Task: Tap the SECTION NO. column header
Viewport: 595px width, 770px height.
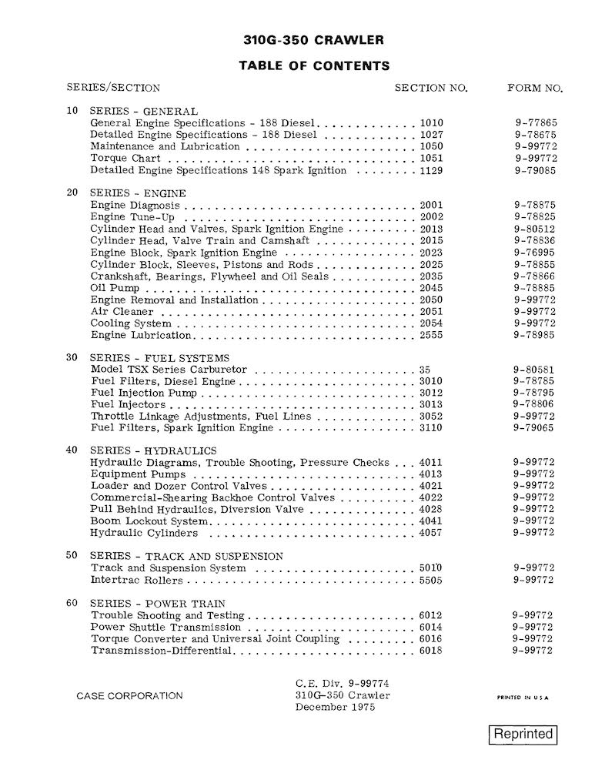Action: point(431,88)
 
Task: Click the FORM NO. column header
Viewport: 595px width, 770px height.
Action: point(535,88)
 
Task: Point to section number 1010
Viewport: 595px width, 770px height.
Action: point(432,122)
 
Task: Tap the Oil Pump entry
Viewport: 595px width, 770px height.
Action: point(115,288)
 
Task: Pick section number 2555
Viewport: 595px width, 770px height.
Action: point(432,335)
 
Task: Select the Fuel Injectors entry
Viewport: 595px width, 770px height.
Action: point(128,404)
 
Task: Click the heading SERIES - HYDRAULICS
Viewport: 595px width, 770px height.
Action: point(153,450)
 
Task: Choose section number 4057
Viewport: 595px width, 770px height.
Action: point(432,533)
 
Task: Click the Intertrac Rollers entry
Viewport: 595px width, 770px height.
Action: point(137,580)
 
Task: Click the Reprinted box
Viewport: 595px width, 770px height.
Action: point(524,734)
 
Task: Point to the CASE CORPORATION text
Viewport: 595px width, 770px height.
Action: point(130,696)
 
